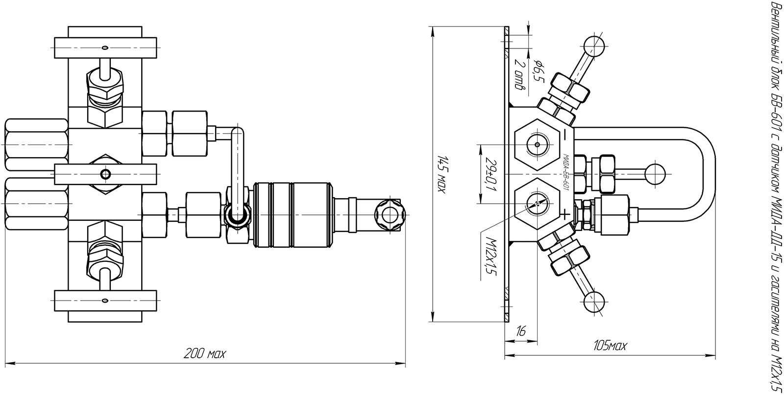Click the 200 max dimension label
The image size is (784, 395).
[x=205, y=354]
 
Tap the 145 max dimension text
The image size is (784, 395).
[x=442, y=174]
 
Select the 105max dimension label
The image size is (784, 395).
[x=610, y=346]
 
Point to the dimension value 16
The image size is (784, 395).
[x=521, y=331]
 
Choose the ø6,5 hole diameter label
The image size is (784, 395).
[x=539, y=76]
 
